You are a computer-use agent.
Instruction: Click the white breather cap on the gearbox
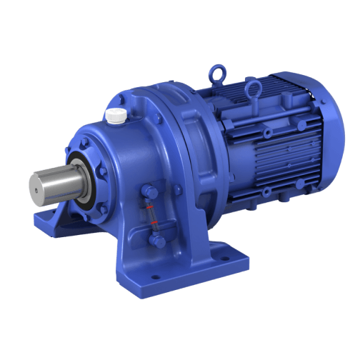[116, 114]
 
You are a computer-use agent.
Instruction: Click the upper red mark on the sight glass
[150, 209]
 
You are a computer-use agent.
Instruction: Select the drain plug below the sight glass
[158, 242]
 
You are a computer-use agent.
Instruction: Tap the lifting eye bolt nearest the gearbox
[216, 74]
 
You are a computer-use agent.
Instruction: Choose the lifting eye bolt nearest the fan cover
[251, 89]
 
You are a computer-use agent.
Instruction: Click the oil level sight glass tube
[151, 216]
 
